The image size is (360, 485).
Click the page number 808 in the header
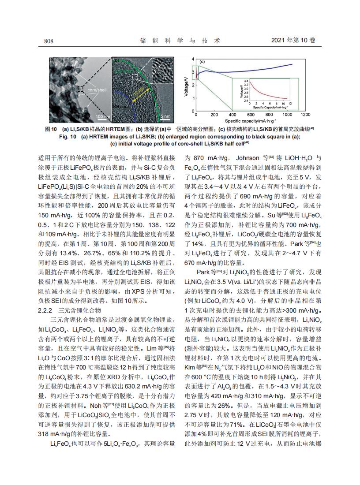coord(49,41)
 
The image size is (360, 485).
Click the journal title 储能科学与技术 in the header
coord(180,41)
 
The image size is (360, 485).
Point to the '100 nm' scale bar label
coord(103,116)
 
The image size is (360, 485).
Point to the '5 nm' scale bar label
coord(166,116)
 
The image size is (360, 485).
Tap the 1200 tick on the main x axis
coord(305,115)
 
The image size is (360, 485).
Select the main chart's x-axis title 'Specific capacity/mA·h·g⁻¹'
coord(251,120)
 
